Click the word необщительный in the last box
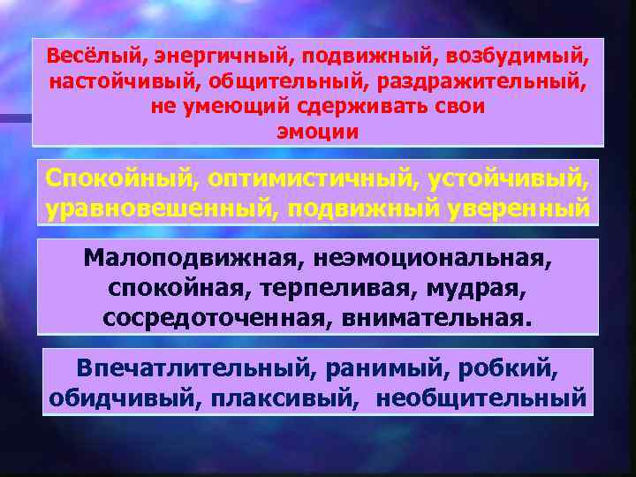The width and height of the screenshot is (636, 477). pyautogui.click(x=481, y=398)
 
